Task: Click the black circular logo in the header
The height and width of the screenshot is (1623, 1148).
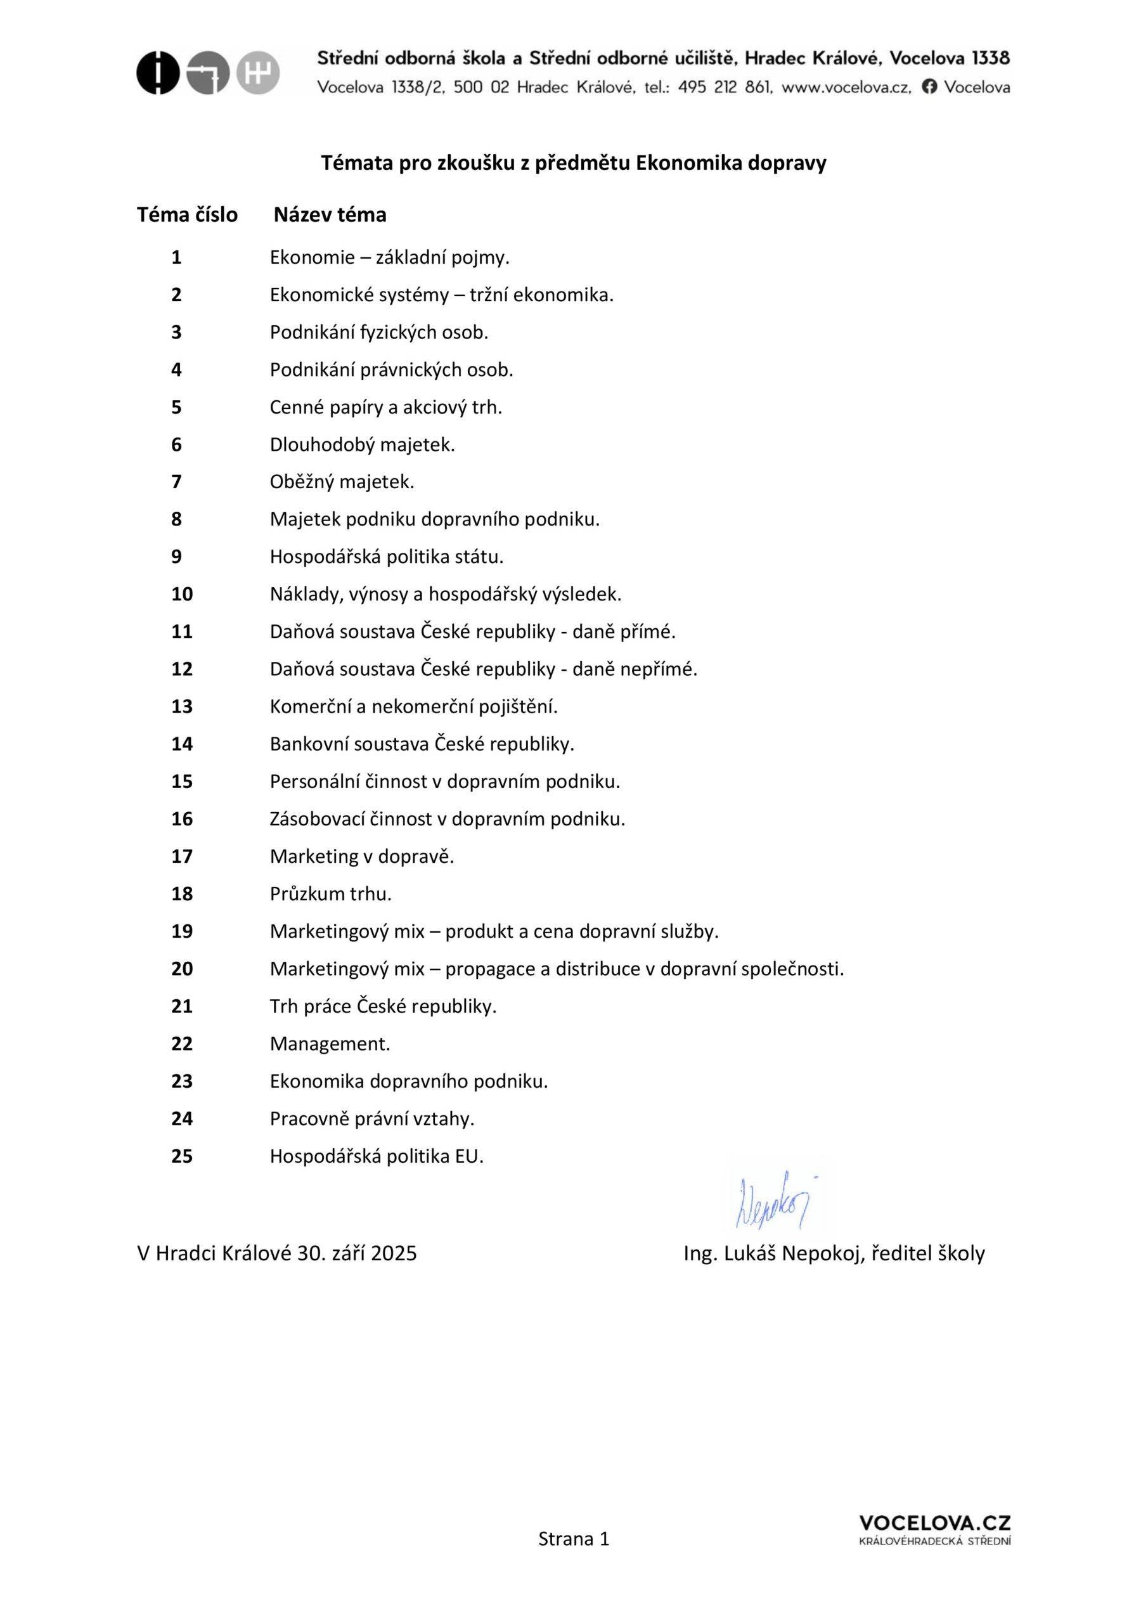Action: tap(158, 73)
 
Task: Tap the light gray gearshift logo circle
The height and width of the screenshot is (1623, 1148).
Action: tap(258, 73)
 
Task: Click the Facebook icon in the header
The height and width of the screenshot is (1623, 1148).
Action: tap(929, 87)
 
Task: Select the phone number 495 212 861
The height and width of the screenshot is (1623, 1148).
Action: tap(725, 87)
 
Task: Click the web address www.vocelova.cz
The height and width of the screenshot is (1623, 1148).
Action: tap(846, 87)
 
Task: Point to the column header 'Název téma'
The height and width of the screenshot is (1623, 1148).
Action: tap(330, 215)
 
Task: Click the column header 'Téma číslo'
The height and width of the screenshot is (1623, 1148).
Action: tap(188, 215)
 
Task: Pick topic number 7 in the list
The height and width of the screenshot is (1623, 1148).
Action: tap(177, 482)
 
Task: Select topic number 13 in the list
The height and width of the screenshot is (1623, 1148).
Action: tap(182, 706)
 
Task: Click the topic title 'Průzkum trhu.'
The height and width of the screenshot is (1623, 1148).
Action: tap(330, 894)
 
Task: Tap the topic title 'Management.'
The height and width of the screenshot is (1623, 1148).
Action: tap(330, 1044)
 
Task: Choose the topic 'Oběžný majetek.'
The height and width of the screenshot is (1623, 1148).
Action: tap(342, 482)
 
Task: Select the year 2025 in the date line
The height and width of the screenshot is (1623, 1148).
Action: tap(394, 1254)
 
